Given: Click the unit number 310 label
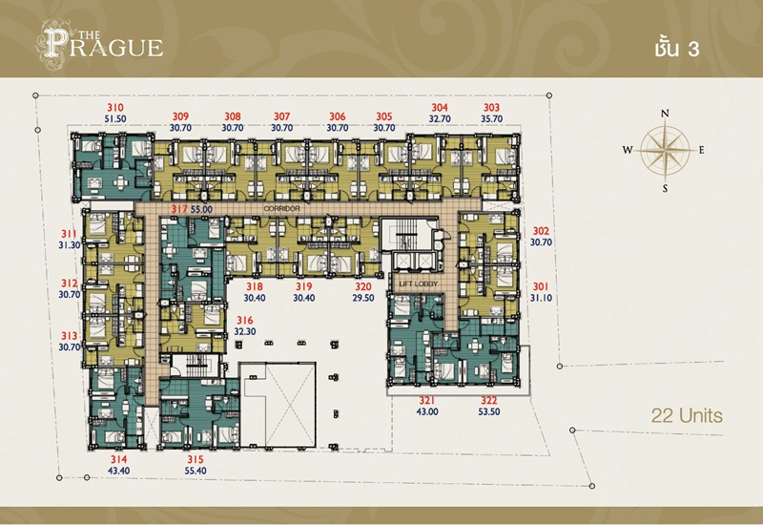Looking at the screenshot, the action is (x=115, y=108).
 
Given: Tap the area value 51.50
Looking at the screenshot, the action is (x=115, y=118).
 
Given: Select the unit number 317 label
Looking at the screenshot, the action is (x=179, y=209).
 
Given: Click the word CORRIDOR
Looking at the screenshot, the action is (x=281, y=208).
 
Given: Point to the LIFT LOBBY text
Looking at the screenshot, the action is (x=419, y=283).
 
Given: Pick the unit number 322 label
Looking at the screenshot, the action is (x=489, y=400).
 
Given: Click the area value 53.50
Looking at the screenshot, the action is (x=489, y=412).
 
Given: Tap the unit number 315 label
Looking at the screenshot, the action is (x=196, y=459).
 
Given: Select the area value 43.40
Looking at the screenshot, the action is (x=118, y=471).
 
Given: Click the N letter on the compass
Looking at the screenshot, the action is (x=665, y=114).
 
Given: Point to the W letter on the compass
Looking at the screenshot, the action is (x=628, y=150).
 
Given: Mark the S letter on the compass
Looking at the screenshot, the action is (x=665, y=189).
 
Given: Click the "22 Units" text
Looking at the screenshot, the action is (x=687, y=416).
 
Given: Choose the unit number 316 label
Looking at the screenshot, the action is (x=245, y=321).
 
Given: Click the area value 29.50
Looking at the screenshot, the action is (x=363, y=298).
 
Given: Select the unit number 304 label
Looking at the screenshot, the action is (x=440, y=108).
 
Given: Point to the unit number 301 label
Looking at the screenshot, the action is (x=540, y=287).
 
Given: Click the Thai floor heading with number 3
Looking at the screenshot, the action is (x=677, y=49).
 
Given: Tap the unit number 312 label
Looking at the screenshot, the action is (x=69, y=283).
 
